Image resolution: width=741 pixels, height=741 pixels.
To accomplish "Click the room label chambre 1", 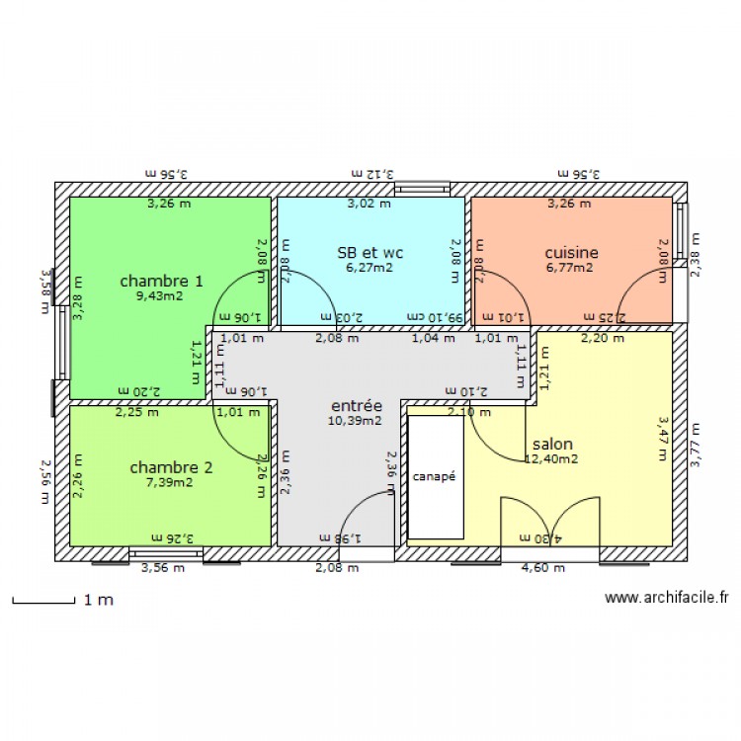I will coord(161,281).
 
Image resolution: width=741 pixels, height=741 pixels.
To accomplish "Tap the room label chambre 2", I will coord(171,467).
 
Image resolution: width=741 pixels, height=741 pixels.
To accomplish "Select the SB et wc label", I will coord(370,253).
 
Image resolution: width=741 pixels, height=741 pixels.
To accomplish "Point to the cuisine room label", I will coord(570,253).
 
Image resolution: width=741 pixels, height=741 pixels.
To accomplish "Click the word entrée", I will coord(356,405).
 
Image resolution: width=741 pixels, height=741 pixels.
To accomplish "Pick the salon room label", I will coord(552,444).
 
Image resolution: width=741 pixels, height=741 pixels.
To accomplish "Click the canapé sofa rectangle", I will coord(435,477).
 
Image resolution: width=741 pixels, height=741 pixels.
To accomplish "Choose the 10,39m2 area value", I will coord(355,420).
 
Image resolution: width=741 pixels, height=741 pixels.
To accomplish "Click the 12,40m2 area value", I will coord(551,458).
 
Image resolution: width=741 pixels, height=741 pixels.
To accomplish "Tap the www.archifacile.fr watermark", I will coord(666,597).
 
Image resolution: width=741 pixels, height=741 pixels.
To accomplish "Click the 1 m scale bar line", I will coord(43,600).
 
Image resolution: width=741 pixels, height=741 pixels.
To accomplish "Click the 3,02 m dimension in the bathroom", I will coord(370,205).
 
